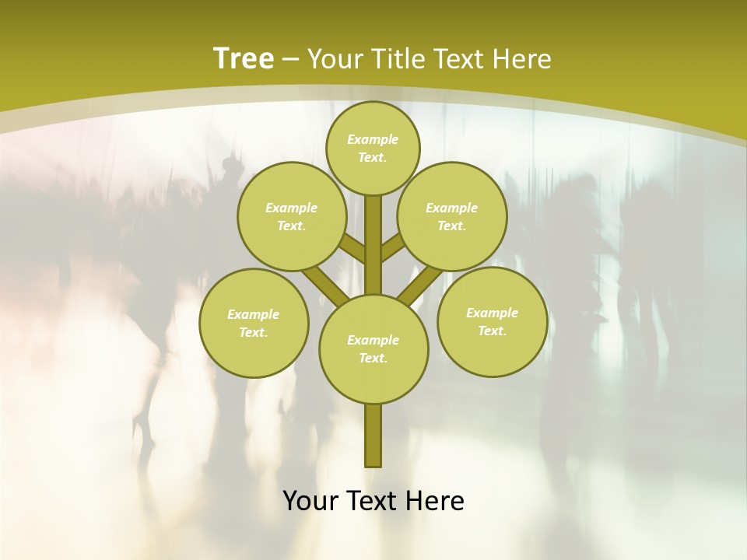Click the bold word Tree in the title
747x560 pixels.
pos(244,58)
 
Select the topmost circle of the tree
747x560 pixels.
pos(373,148)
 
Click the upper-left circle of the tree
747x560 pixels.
pos(292,216)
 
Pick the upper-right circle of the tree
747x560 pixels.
pos(452,216)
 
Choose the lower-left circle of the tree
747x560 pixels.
pos(254,323)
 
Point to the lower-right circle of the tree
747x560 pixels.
pos(492,321)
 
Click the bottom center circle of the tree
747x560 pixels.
pos(373,348)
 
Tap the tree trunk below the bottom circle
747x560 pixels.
pos(373,436)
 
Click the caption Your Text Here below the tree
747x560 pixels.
pos(373,501)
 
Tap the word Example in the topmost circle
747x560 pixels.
pos(373,139)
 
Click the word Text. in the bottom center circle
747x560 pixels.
pos(373,358)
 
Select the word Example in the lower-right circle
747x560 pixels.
pos(492,313)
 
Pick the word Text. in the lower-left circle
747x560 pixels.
pos(254,332)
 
